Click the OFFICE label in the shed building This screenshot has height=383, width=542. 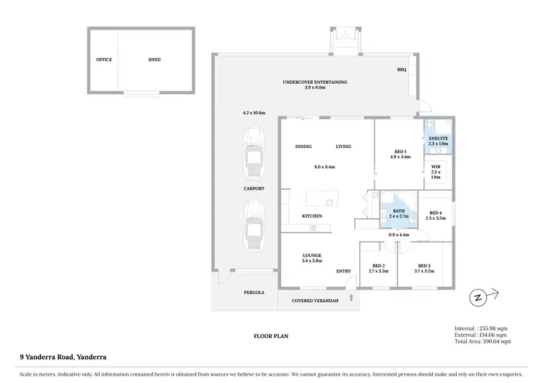(104, 60)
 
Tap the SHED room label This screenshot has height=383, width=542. (155, 60)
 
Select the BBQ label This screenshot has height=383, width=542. (402, 70)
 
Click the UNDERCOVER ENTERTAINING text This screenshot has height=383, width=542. (314, 82)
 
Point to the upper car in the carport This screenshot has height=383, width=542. (253, 154)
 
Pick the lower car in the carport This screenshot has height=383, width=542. (253, 224)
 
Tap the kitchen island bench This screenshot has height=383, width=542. (321, 197)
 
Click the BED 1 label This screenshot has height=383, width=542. (400, 151)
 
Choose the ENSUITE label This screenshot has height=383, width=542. (438, 138)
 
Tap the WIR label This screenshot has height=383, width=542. (436, 167)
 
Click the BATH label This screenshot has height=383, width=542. (399, 210)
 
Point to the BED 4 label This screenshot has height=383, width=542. (435, 212)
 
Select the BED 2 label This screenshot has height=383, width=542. (379, 266)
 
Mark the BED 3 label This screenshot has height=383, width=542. (423, 266)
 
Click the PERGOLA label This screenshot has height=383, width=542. (254, 293)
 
